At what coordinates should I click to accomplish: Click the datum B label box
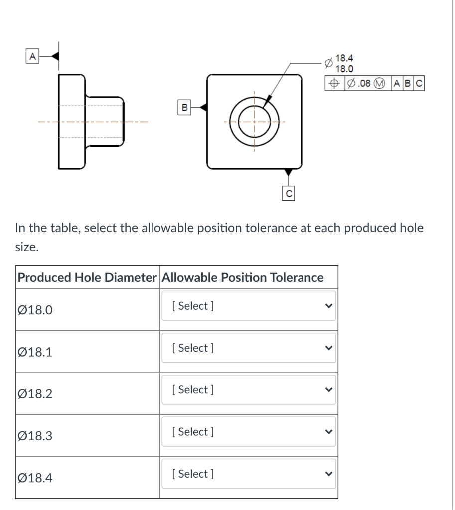tap(184, 106)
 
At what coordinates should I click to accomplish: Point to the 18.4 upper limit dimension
tap(343, 58)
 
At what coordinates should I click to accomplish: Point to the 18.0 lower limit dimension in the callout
tap(343, 68)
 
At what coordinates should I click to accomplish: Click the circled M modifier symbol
tap(381, 83)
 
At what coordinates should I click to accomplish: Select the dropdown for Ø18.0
tap(249, 306)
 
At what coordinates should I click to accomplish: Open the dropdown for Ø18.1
tap(249, 348)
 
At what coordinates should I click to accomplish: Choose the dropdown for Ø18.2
tap(249, 389)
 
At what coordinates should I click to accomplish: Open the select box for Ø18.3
tap(249, 432)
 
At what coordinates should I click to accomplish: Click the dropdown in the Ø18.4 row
tap(249, 474)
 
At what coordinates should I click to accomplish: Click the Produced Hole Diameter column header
tap(87, 277)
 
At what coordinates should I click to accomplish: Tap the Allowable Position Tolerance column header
tap(243, 277)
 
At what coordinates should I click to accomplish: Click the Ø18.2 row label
tap(35, 394)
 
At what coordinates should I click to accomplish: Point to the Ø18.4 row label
tap(35, 478)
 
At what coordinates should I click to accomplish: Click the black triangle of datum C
tap(288, 173)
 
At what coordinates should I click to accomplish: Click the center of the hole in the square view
tap(254, 121)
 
